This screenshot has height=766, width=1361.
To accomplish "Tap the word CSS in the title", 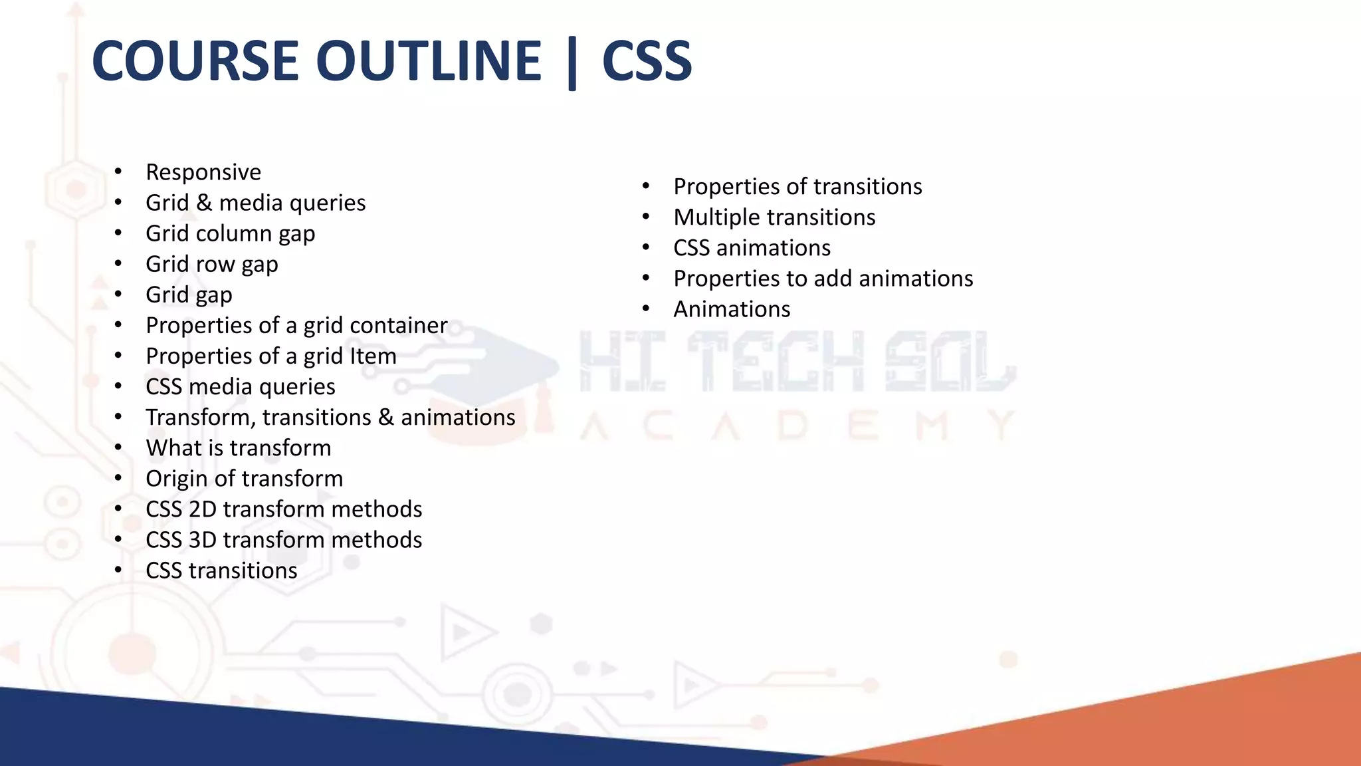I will (x=647, y=61).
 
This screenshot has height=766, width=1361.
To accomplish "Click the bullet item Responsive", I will (x=203, y=172).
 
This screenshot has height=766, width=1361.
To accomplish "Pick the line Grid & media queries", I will (x=255, y=203).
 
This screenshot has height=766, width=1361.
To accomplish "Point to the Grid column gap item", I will (x=230, y=233).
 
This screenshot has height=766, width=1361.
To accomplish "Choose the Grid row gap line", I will (x=211, y=264).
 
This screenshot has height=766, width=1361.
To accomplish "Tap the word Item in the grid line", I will (x=375, y=356).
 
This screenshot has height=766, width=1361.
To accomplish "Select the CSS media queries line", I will (x=240, y=386).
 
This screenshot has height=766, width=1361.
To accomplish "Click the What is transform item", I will (x=238, y=447).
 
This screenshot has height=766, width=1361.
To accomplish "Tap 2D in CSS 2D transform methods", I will (x=202, y=509).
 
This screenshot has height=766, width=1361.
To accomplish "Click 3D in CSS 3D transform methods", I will (x=202, y=539).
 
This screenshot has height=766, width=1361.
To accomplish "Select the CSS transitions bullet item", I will (x=221, y=571).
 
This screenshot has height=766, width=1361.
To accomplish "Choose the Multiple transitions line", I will (x=774, y=217).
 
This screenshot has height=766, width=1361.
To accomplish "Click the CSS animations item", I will (x=752, y=248).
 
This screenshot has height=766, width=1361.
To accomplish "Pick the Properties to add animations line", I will (x=823, y=279).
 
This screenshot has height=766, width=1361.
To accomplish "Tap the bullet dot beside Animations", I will (x=646, y=308).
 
